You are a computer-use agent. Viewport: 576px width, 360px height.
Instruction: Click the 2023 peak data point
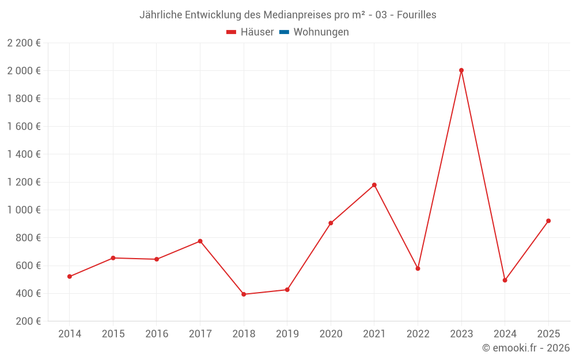pyautogui.click(x=461, y=70)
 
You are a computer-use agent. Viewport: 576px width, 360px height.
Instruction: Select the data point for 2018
pyautogui.click(x=244, y=294)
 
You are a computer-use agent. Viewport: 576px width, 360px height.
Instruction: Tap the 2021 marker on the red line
pyautogui.click(x=374, y=185)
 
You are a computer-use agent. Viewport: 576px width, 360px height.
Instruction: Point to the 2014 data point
pyautogui.click(x=70, y=276)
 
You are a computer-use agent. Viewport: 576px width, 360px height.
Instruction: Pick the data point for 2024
pyautogui.click(x=505, y=280)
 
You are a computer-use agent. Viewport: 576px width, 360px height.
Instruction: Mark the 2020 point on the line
pyautogui.click(x=331, y=223)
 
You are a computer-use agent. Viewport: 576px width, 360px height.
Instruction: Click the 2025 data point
pyautogui.click(x=548, y=221)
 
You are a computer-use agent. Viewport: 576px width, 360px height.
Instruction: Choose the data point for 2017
pyautogui.click(x=200, y=241)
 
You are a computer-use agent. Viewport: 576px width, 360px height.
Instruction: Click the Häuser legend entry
pyautogui.click(x=250, y=32)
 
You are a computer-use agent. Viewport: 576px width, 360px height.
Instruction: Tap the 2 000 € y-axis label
pyautogui.click(x=24, y=71)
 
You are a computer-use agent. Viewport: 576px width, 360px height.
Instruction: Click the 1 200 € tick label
pyautogui.click(x=24, y=182)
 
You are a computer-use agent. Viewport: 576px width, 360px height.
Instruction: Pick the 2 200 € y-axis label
pyautogui.click(x=24, y=43)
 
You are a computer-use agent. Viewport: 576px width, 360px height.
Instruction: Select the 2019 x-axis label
pyautogui.click(x=287, y=334)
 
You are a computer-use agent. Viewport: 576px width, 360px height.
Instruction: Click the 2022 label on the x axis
pyautogui.click(x=418, y=334)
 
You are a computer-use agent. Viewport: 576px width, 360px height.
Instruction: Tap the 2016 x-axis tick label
pyautogui.click(x=157, y=334)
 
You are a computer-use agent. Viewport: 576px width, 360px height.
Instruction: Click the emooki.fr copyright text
pyautogui.click(x=526, y=348)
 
